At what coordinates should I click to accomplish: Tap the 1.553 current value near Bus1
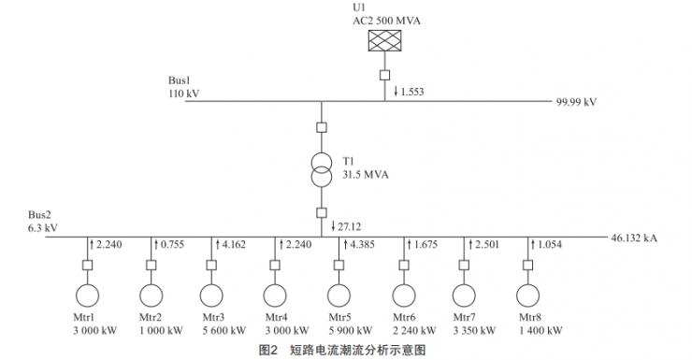pos(411,91)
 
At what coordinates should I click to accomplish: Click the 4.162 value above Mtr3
pos(231,245)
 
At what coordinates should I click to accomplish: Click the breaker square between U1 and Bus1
pos(383,74)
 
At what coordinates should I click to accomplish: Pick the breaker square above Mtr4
pos(277,265)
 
